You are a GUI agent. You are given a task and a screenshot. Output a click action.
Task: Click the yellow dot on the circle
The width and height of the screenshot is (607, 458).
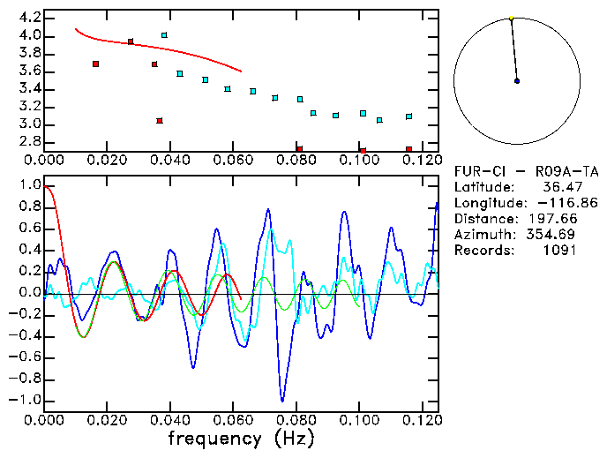511,18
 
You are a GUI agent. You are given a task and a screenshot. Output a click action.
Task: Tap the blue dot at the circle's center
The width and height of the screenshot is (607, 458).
517,81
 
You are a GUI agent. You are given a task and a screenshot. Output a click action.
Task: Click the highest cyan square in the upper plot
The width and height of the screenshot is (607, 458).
164,35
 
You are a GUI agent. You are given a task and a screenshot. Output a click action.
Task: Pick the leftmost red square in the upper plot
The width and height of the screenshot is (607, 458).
95,64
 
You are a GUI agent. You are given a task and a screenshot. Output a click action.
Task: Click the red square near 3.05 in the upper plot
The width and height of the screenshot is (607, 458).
160,121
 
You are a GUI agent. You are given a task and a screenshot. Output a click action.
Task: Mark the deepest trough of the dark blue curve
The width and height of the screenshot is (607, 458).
282,400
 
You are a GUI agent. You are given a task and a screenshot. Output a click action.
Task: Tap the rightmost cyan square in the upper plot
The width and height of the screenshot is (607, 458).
408,116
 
